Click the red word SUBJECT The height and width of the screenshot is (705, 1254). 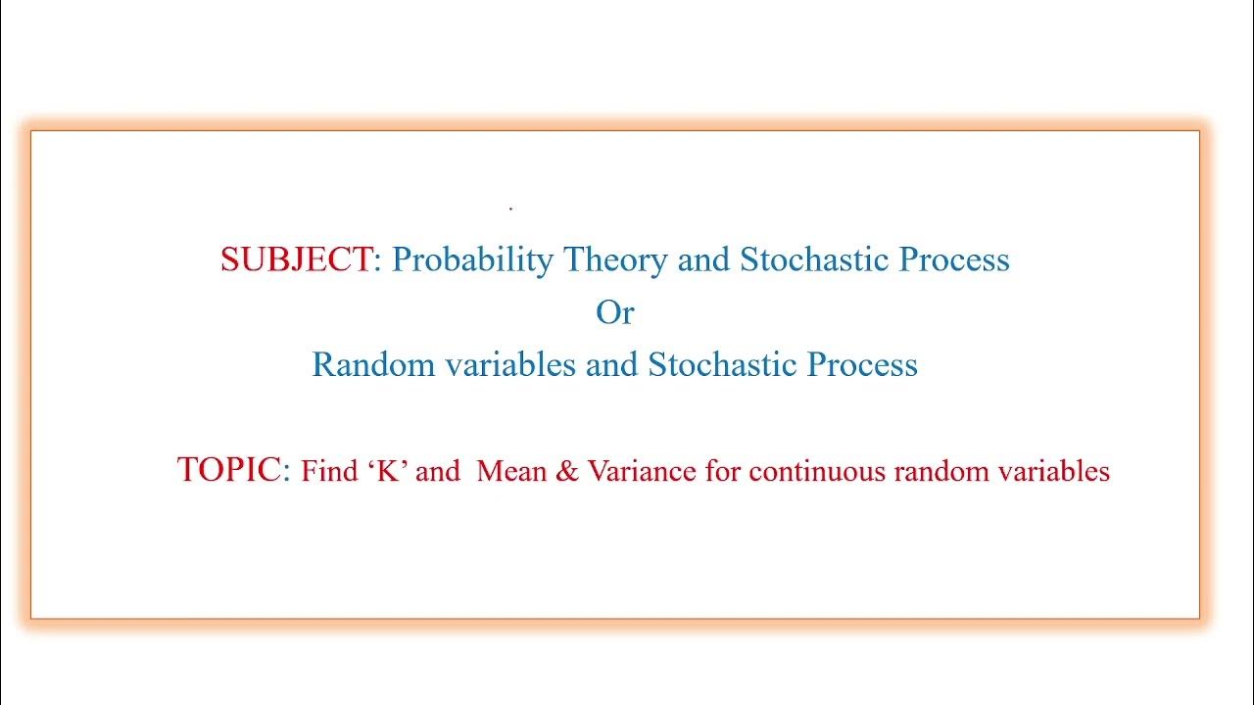click(x=296, y=259)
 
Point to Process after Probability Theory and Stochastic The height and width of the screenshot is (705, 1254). click(x=954, y=259)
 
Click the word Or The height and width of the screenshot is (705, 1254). click(x=615, y=312)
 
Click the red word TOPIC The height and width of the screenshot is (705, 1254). click(x=229, y=470)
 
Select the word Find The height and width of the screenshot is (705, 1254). click(x=329, y=472)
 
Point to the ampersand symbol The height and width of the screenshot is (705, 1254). click(x=567, y=472)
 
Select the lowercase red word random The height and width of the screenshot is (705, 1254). click(x=941, y=472)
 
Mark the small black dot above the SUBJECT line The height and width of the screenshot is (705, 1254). click(x=511, y=209)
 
